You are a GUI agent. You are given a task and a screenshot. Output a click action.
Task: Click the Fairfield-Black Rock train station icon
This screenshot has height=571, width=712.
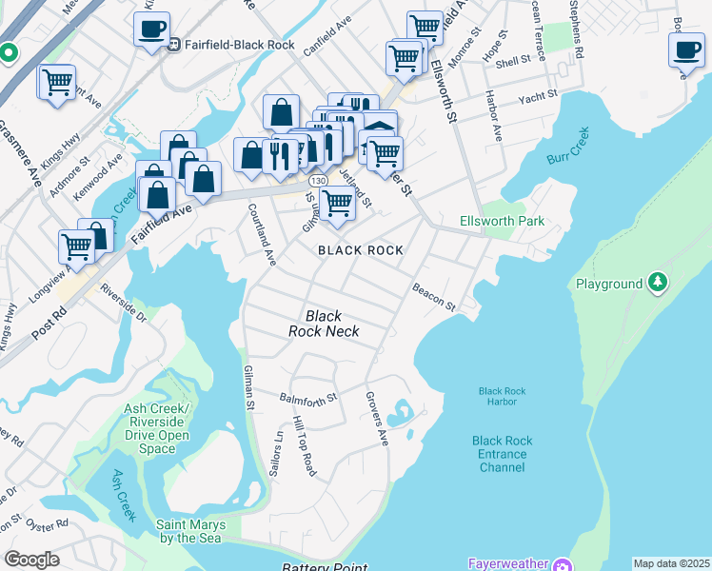coord(175,44)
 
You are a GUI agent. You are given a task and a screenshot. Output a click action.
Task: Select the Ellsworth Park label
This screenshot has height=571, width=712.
coord(515,221)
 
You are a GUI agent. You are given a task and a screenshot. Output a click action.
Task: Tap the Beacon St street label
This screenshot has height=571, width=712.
coord(434,296)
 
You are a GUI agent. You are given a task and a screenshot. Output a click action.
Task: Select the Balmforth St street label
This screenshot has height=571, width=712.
coord(308,397)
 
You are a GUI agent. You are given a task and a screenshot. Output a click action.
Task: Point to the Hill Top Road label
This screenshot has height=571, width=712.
coord(305,445)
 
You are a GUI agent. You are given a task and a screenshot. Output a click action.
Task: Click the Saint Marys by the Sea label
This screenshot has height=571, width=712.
coord(190,531)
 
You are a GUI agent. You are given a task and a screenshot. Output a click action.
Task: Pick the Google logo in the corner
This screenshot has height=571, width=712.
coord(31,560)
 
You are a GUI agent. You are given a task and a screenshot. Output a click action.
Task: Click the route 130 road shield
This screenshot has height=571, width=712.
coord(320,180)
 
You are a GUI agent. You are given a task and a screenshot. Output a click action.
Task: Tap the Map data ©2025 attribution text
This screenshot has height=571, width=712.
coord(670,563)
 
